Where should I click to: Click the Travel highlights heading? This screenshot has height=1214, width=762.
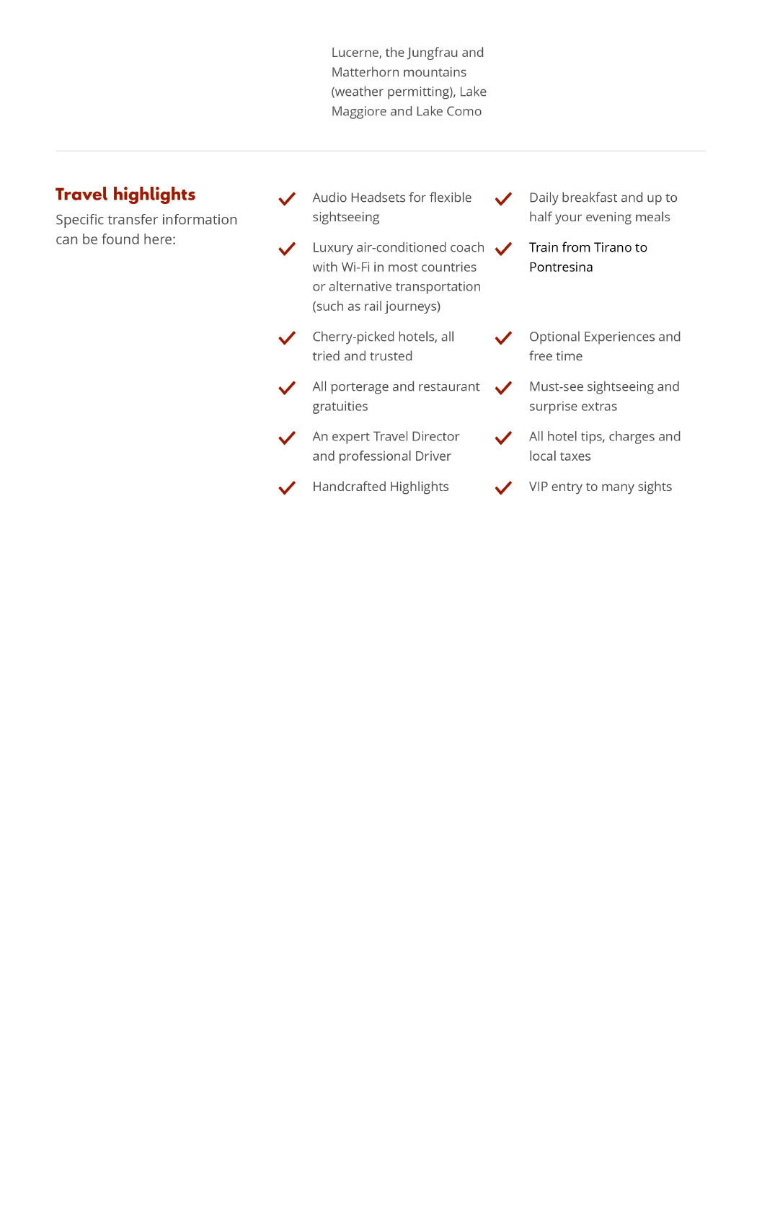pyautogui.click(x=125, y=195)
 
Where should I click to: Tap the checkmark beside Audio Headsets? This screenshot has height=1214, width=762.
pyautogui.click(x=287, y=199)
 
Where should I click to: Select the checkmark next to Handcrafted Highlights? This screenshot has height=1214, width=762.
pyautogui.click(x=287, y=488)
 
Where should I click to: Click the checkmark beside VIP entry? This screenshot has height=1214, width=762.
pyautogui.click(x=503, y=488)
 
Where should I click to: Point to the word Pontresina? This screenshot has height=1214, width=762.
pyautogui.click(x=561, y=267)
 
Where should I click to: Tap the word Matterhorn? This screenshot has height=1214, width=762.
pyautogui.click(x=364, y=73)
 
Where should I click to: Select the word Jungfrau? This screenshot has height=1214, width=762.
pyautogui.click(x=433, y=53)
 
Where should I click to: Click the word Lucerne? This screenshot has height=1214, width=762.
pyautogui.click(x=355, y=53)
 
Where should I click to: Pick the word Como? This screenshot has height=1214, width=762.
pyautogui.click(x=464, y=112)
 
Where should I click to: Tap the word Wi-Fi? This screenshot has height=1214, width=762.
pyautogui.click(x=355, y=267)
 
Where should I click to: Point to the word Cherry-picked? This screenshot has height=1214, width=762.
pyautogui.click(x=353, y=337)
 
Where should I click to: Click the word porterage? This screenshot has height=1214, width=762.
pyautogui.click(x=359, y=387)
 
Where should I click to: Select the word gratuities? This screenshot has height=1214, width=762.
pyautogui.click(x=340, y=407)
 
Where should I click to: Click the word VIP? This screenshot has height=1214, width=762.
pyautogui.click(x=539, y=487)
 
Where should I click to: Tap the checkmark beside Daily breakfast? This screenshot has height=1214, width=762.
pyautogui.click(x=503, y=199)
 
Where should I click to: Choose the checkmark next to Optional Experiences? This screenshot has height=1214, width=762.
pyautogui.click(x=503, y=338)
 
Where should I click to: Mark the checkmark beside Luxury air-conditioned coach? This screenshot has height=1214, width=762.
pyautogui.click(x=287, y=249)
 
